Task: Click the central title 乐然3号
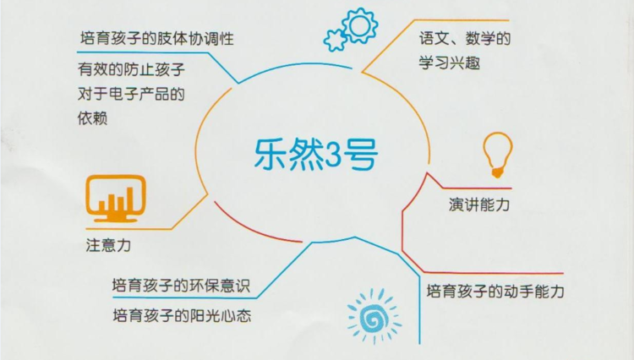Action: click(x=316, y=155)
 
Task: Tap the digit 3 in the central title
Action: click(x=333, y=155)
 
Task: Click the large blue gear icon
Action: click(x=359, y=25)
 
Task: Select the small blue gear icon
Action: click(x=335, y=40)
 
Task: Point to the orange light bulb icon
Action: click(x=498, y=155)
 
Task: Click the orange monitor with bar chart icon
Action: click(x=116, y=198)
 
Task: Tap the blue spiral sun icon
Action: click(x=374, y=315)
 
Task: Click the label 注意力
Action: click(x=108, y=245)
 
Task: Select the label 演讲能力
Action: click(x=479, y=205)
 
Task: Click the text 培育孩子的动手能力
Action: click(x=495, y=291)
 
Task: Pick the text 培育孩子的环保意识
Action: click(x=181, y=286)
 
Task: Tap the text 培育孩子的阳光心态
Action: click(x=182, y=314)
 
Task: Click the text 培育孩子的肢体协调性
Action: click(x=157, y=38)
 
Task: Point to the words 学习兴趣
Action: click(x=449, y=63)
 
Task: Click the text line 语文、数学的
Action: click(x=465, y=38)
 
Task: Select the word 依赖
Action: click(x=93, y=118)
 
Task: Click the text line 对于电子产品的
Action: click(x=131, y=94)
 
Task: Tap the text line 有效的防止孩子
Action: click(x=131, y=69)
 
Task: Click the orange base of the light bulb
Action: click(x=497, y=173)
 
